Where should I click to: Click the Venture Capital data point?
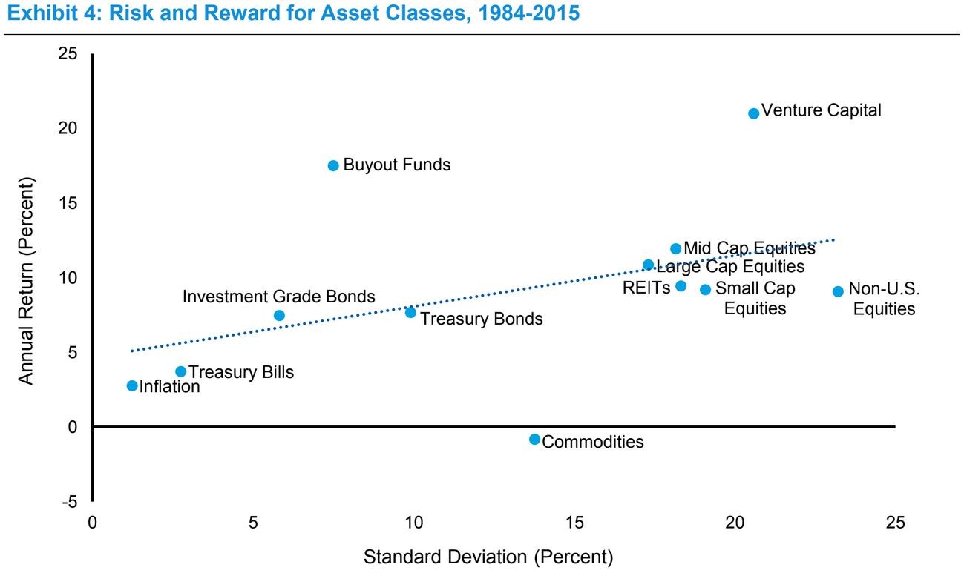(753, 113)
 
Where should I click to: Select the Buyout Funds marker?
(333, 165)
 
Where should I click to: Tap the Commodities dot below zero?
(534, 440)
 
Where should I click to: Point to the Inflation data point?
(132, 385)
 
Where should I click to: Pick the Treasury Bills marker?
(180, 371)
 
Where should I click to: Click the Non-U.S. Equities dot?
(838, 291)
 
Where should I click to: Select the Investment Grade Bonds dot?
(279, 315)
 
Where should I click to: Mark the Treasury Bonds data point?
(410, 312)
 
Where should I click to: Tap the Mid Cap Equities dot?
(675, 248)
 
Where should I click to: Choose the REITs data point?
(681, 286)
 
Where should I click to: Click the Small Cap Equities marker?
(705, 289)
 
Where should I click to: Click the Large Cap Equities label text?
(730, 266)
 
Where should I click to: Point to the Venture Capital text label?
(822, 111)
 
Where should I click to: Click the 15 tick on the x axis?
(574, 522)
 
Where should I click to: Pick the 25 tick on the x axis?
(895, 522)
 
